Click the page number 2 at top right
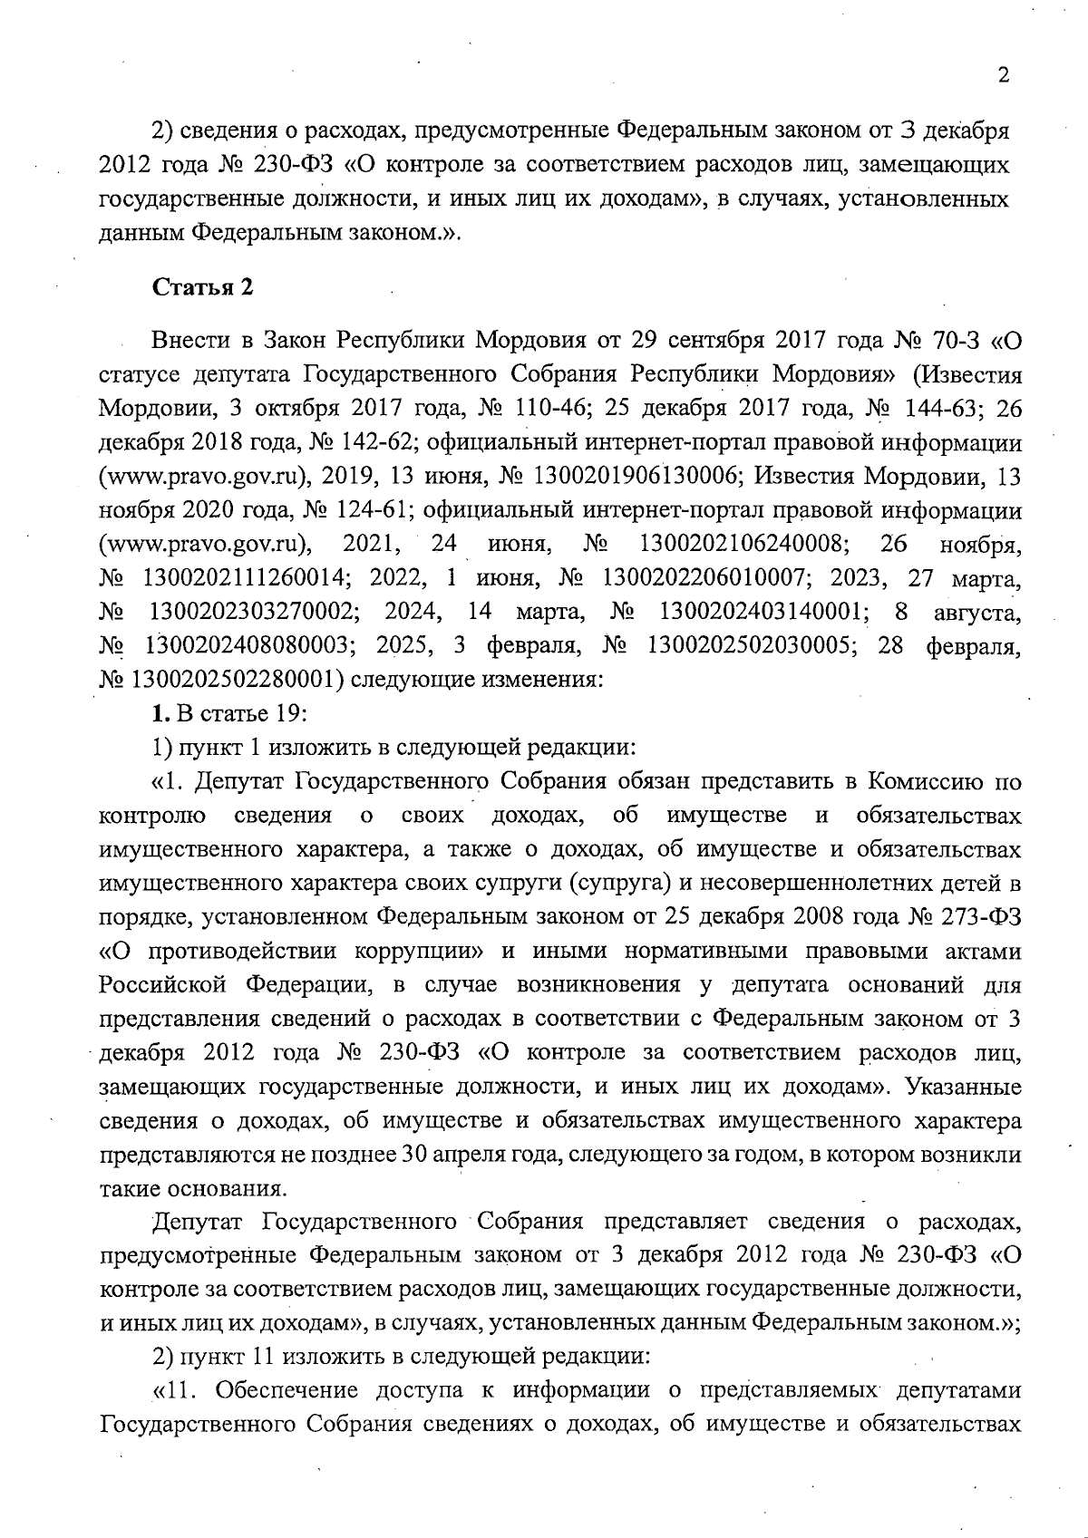click(1003, 76)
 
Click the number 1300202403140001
click(760, 613)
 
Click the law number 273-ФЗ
click(979, 916)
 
